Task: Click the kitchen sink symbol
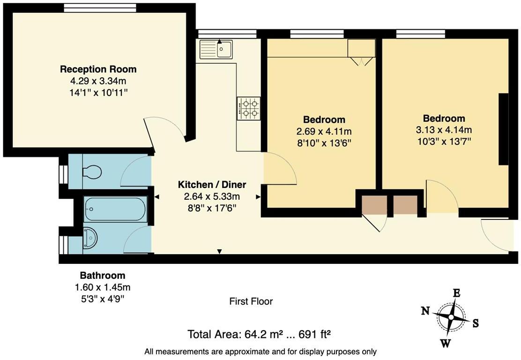tap(216, 49)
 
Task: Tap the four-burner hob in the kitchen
tap(248, 108)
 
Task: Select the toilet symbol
tap(91, 172)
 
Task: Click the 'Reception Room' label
tap(98, 69)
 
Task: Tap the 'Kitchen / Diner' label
tap(211, 185)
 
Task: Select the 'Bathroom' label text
tap(102, 276)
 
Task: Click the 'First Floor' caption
tap(251, 301)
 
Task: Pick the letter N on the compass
tap(425, 310)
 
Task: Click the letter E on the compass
tap(456, 293)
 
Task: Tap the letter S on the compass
tap(475, 323)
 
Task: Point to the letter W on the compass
tap(445, 344)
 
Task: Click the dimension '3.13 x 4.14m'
tap(444, 130)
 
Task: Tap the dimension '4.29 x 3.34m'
tap(98, 81)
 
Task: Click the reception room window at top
tap(100, 7)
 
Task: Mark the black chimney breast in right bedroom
tap(504, 129)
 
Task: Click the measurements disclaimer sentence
tap(260, 352)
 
